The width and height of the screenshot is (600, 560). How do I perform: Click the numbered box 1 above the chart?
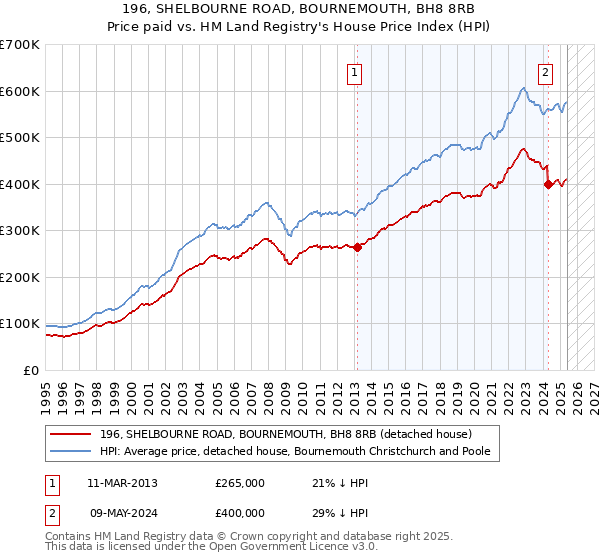(x=355, y=71)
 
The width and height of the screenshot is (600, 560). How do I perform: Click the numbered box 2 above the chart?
(x=546, y=71)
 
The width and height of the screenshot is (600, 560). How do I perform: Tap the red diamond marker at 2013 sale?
(x=357, y=247)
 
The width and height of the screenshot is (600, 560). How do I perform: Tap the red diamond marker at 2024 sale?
(x=548, y=184)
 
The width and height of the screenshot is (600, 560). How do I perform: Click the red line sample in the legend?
(x=72, y=433)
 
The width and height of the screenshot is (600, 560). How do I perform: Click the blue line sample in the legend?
(x=72, y=451)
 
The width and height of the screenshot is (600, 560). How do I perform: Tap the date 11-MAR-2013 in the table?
(x=122, y=483)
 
